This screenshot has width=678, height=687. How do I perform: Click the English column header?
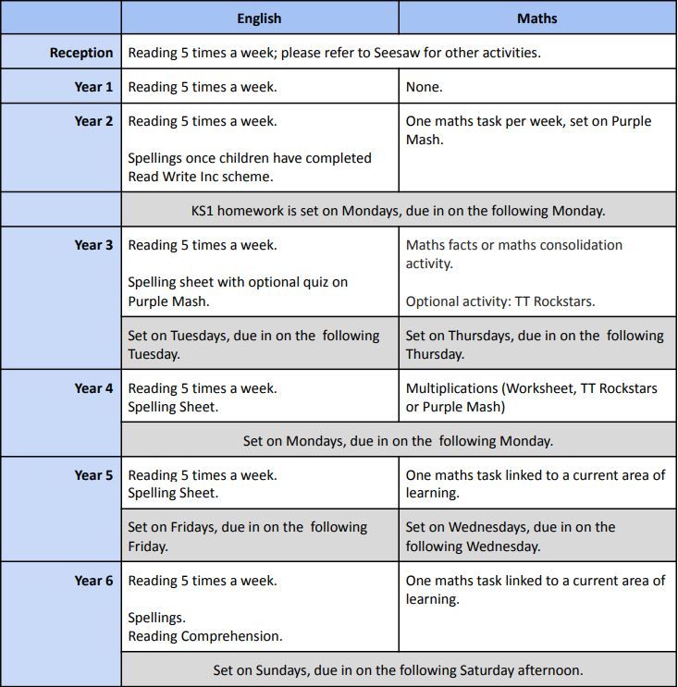tap(259, 18)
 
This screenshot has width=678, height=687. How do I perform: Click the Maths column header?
tap(536, 18)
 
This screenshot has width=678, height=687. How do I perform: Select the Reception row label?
tap(81, 53)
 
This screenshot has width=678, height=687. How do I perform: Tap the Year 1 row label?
tap(93, 87)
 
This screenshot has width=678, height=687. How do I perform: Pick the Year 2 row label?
tap(93, 121)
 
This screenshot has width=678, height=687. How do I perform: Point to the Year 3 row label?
tap(93, 245)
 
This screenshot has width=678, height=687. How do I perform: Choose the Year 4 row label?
tap(93, 388)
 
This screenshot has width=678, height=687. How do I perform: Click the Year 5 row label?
tap(93, 475)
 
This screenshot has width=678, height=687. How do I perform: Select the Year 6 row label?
tap(93, 581)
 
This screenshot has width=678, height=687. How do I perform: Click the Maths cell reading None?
tap(425, 87)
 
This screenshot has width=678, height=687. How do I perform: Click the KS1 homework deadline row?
tap(398, 210)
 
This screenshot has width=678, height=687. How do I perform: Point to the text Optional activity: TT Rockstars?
tap(500, 301)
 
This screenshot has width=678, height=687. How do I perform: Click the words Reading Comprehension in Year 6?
tap(205, 636)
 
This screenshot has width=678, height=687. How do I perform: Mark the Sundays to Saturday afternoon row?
tap(398, 670)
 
